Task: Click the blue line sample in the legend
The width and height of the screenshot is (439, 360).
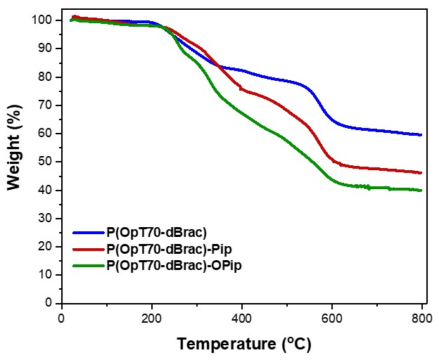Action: tap(87, 233)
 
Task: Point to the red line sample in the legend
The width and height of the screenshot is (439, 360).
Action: tap(87, 249)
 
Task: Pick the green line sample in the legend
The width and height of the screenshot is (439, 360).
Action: tap(87, 265)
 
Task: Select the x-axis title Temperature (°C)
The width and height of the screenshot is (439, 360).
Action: tap(243, 345)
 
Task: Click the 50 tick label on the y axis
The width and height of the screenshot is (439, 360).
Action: tap(47, 162)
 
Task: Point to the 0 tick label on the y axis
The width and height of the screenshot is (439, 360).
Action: tap(50, 303)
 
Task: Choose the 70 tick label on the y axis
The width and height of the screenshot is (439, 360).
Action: tap(47, 105)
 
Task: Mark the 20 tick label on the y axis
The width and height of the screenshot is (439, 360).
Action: tap(47, 247)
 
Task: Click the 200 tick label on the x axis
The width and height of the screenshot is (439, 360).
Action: tap(152, 317)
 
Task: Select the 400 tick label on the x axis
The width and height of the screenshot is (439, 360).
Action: tap(241, 317)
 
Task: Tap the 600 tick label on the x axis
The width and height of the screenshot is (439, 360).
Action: tap(331, 317)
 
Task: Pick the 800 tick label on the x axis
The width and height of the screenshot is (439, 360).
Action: tap(421, 317)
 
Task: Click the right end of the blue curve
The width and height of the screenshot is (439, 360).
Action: tap(421, 134)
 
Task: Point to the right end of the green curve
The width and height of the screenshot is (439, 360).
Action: tap(421, 190)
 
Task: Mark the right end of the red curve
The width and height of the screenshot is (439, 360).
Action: tap(421, 172)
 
